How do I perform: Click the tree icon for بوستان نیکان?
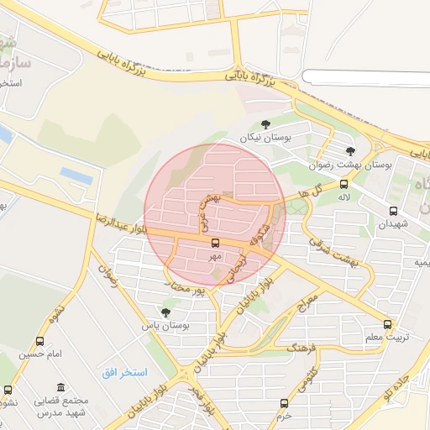pyautogui.click(x=265, y=125)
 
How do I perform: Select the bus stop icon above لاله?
pyautogui.click(x=343, y=185)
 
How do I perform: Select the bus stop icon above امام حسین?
pyautogui.click(x=40, y=342)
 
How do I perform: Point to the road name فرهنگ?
pyautogui.click(x=301, y=346)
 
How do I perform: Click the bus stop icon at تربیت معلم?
pyautogui.click(x=387, y=323)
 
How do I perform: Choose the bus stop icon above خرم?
pyautogui.click(x=284, y=403)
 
